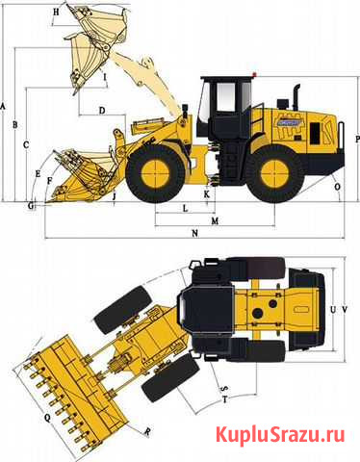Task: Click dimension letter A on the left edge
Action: click(3, 107)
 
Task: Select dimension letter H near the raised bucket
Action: click(56, 13)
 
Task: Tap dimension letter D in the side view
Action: click(102, 111)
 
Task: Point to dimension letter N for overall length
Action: click(194, 234)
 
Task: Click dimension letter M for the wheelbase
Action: click(215, 221)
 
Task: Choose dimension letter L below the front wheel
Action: click(185, 209)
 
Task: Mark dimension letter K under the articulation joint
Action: click(207, 193)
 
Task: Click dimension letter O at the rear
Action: click(337, 187)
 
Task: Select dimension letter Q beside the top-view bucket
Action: click(47, 418)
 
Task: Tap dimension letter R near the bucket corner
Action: click(147, 432)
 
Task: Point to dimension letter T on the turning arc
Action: click(225, 399)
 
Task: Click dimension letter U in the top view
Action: click(333, 310)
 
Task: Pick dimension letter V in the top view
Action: click(345, 310)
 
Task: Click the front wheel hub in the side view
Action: click(155, 173)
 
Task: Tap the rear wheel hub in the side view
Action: click(275, 173)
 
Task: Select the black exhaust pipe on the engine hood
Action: click(296, 97)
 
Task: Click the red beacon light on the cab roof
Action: click(254, 75)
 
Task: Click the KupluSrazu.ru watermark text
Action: click(280, 435)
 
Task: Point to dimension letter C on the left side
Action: click(26, 144)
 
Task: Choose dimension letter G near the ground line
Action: click(31, 206)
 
